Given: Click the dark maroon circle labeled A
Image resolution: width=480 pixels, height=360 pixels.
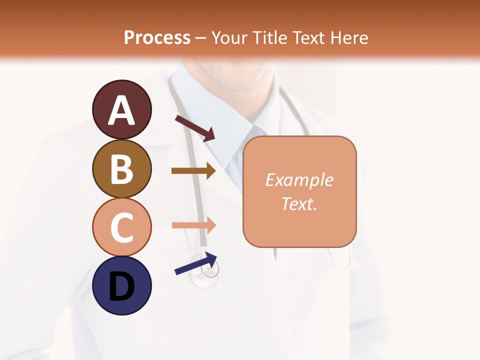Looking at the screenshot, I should [121, 109].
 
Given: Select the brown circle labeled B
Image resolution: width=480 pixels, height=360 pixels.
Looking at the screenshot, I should [121, 168].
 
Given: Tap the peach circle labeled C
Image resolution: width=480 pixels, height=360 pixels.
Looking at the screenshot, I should [121, 226].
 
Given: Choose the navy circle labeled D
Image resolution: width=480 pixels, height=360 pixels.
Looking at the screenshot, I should [121, 285].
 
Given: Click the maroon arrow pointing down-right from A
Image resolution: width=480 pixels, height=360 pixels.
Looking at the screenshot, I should [195, 128].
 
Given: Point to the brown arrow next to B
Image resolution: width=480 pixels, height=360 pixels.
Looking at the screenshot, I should [193, 171].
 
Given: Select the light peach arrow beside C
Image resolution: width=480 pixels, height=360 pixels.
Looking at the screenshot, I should [193, 225].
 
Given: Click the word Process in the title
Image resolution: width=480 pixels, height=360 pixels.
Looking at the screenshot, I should [157, 37].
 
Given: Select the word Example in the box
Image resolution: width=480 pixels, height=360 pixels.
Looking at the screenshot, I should [299, 180].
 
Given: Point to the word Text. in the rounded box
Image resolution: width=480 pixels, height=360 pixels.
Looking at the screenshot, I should [299, 204].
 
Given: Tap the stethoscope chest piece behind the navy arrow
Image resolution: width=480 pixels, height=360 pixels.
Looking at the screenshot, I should [210, 272].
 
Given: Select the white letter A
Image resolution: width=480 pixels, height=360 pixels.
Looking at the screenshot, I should [121, 110].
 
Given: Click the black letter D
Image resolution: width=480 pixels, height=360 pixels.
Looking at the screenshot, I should [121, 286].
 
